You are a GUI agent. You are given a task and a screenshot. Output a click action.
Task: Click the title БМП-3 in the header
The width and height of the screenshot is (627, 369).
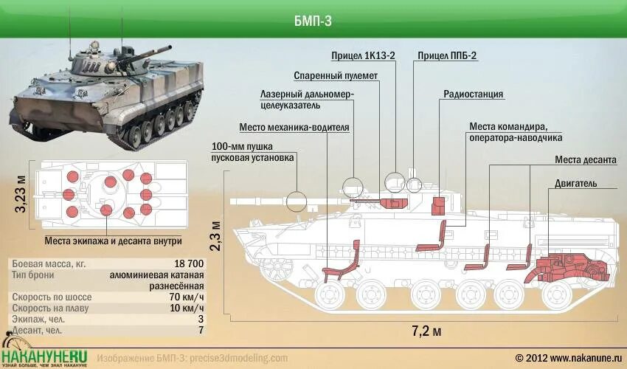coord(313,21)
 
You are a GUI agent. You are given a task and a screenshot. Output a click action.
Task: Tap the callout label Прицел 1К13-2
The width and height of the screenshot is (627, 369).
coord(364,56)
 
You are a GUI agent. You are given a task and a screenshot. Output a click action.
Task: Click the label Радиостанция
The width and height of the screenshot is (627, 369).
coord(473,94)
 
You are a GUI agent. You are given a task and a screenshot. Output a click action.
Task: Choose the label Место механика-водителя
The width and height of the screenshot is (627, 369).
coord(294,127)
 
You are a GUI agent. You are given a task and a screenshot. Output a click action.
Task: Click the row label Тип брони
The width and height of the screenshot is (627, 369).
coord(35,275)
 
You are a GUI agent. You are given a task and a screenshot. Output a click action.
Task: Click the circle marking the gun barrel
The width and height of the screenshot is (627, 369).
coord(297,200)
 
